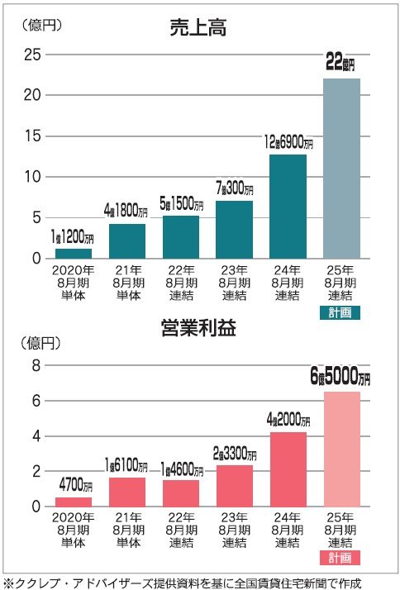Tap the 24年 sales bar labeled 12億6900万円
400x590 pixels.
pyautogui.click(x=288, y=207)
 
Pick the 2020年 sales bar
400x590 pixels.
pyautogui.click(x=74, y=253)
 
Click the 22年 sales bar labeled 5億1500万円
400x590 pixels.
pyautogui.click(x=181, y=237)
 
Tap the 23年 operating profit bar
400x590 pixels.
pyautogui.click(x=235, y=485)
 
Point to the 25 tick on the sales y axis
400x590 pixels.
pyautogui.click(x=31, y=55)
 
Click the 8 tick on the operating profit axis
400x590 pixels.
pyautogui.click(x=36, y=365)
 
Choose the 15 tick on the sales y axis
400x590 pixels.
pyautogui.click(x=31, y=136)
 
